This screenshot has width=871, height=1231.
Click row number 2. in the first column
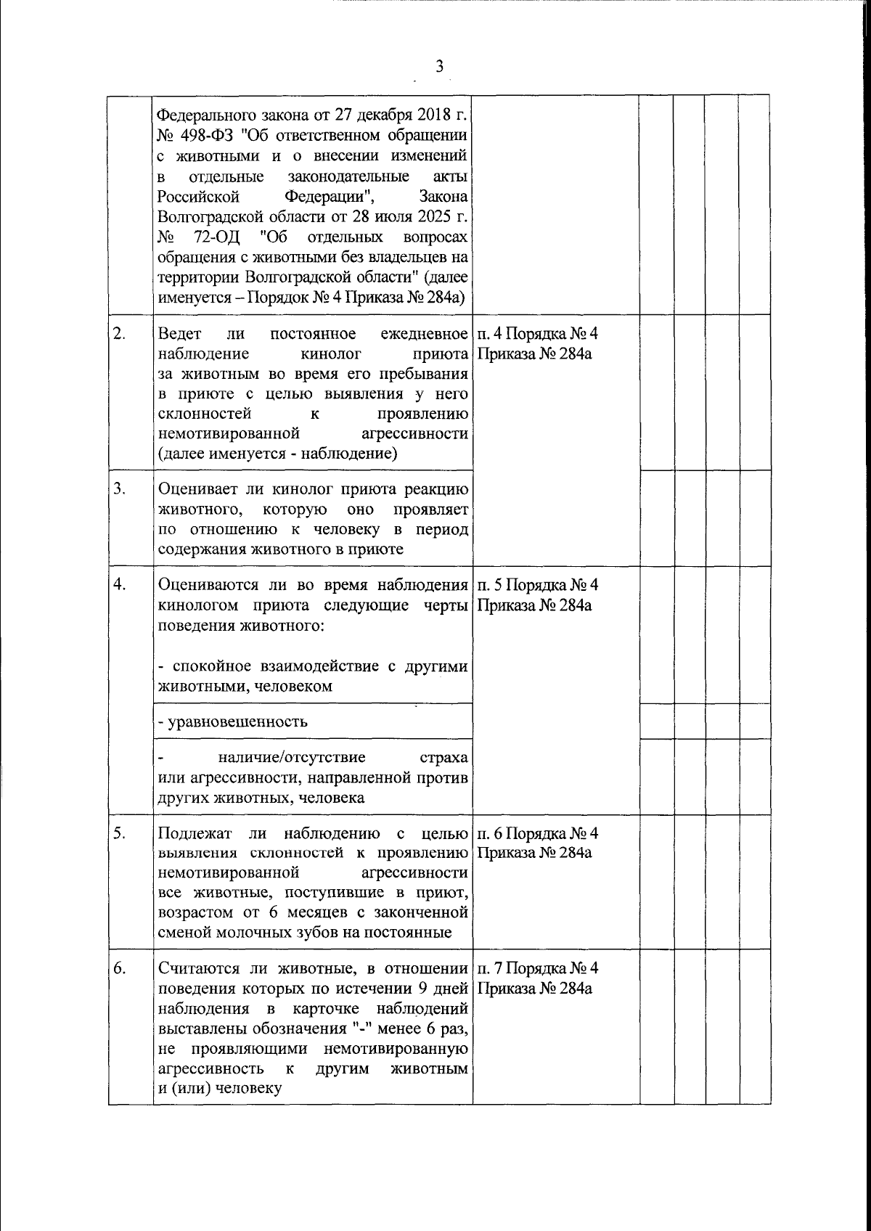(120, 334)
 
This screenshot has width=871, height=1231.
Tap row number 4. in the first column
(120, 585)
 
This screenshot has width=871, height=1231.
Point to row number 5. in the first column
(120, 833)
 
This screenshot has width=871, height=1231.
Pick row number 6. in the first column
(120, 968)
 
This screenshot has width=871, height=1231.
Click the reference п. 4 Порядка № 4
(538, 334)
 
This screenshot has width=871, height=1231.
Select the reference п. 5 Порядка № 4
(538, 585)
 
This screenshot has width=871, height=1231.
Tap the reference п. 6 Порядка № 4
(538, 833)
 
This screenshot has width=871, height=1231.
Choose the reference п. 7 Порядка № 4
(538, 968)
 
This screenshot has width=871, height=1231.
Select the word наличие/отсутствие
(292, 758)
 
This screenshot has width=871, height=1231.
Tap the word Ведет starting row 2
(177, 334)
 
